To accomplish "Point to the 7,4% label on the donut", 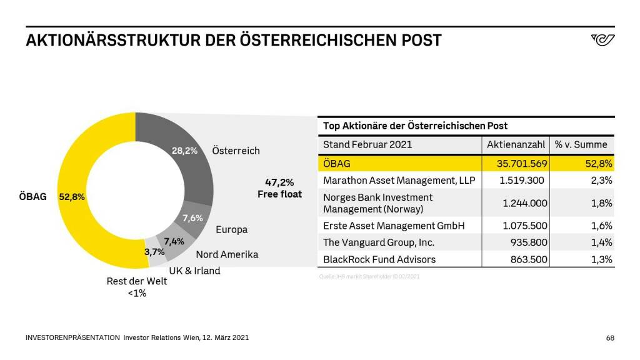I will pos(174,241).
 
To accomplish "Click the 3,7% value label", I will pos(154,252).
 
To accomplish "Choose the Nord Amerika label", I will pos(227,254).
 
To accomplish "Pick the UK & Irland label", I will pos(194,271).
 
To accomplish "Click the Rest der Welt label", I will pos(137,281).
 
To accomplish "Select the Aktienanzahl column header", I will pos(516,144).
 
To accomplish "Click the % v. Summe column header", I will pos(581,144).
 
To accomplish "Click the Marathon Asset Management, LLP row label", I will pos(399,180).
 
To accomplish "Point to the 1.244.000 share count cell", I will pos(525,203).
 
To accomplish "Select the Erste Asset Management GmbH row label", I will pos(394,226).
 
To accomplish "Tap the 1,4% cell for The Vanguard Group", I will pos(601,242).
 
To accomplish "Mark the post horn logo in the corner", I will pos(602,40).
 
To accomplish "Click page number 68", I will pos(610,338).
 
